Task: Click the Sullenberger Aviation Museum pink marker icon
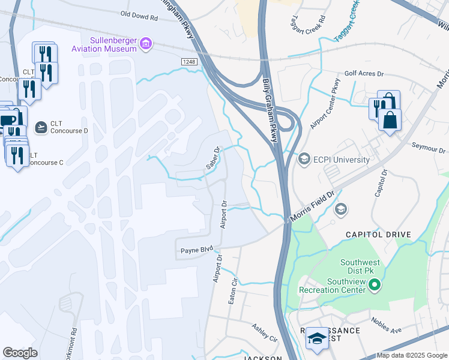coord(146,43)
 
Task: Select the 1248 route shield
coord(189,62)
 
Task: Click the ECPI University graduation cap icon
coord(304,159)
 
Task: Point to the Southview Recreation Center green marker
coord(375,285)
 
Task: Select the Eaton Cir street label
coord(233,290)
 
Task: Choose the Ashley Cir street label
coord(264,333)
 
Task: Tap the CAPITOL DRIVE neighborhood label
coord(378,235)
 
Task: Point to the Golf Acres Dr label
coord(364,74)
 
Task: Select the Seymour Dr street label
coord(429,148)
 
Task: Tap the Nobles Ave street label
coord(385,326)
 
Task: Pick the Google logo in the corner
coord(20,352)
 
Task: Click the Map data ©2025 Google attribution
coord(412,355)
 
